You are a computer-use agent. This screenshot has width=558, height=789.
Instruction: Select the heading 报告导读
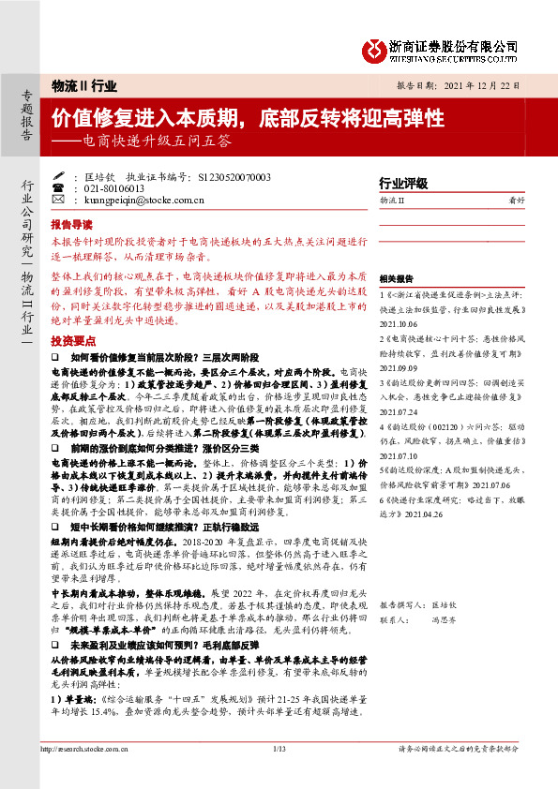click(71, 225)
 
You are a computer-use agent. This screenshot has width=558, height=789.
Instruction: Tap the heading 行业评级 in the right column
click(402, 183)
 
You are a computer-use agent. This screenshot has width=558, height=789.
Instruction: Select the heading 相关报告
click(396, 279)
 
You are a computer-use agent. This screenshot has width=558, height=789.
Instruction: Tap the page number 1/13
click(279, 775)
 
